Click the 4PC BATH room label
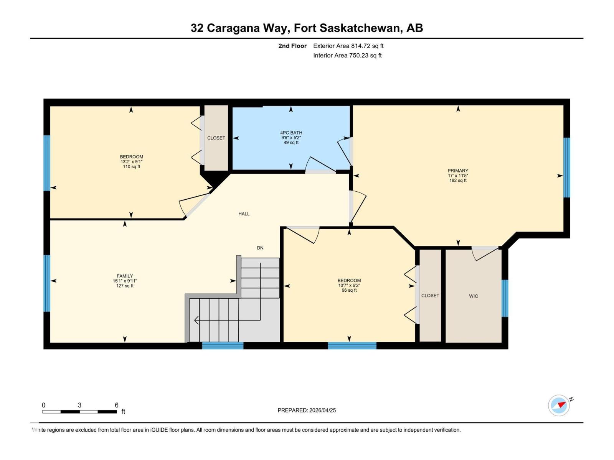tap(291, 133)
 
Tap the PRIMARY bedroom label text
tap(458, 171)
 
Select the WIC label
tap(473, 296)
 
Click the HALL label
tap(244, 214)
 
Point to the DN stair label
tap(260, 248)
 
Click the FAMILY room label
tap(125, 276)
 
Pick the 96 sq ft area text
tap(349, 291)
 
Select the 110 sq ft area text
tap(131, 167)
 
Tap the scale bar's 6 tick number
tap(117, 405)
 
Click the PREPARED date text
tap(307, 410)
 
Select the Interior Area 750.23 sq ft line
tap(347, 55)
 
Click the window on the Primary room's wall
tap(566, 168)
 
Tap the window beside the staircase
tap(223, 346)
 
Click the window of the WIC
tap(505, 298)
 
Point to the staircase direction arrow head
tap(196, 320)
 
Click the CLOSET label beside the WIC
tap(430, 296)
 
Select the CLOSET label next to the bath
tap(216, 138)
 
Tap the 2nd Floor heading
tap(292, 46)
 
